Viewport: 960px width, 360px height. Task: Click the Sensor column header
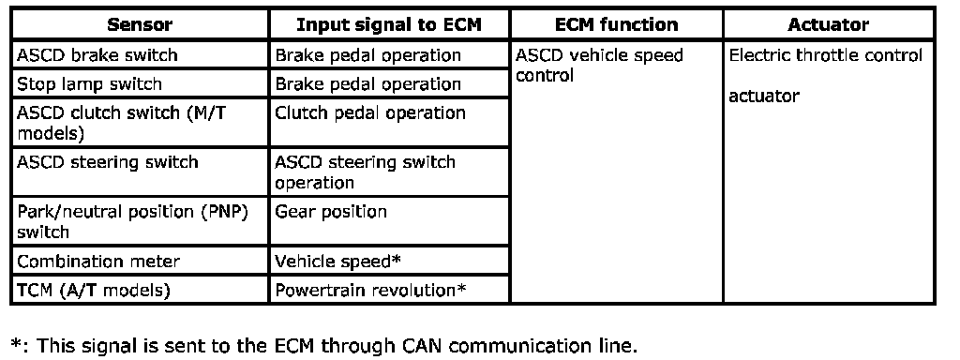(x=140, y=24)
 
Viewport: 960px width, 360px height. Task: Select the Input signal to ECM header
(x=389, y=24)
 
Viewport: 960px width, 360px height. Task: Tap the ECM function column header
(x=617, y=24)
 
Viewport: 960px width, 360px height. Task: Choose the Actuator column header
(x=829, y=24)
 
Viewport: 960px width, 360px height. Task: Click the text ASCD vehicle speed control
(x=599, y=65)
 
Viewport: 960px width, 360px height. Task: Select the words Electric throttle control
(x=826, y=55)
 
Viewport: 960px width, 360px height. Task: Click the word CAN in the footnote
(x=425, y=346)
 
